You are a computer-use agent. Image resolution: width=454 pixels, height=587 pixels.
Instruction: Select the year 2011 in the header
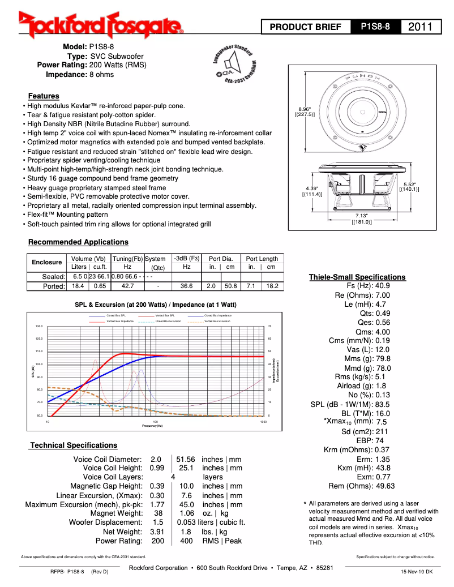tap(420, 27)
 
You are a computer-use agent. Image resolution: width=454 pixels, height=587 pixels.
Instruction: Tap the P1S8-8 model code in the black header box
tap(375, 27)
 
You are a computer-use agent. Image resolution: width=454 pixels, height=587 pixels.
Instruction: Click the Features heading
tap(44, 96)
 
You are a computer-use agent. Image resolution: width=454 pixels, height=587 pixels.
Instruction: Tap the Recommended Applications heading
tap(79, 242)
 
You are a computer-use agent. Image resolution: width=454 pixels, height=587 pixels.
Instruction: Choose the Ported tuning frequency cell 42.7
tap(127, 286)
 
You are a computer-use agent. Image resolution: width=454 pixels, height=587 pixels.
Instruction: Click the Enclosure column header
tap(46, 262)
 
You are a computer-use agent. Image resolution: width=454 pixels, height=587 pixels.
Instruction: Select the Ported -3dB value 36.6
tap(186, 286)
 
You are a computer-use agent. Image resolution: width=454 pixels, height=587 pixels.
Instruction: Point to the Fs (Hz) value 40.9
tap(383, 286)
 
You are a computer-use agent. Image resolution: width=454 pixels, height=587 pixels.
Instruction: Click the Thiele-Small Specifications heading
tap(357, 277)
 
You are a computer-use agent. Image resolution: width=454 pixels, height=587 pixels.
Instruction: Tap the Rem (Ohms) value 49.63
tap(385, 486)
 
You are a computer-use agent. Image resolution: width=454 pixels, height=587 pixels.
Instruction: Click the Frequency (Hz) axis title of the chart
tap(152, 426)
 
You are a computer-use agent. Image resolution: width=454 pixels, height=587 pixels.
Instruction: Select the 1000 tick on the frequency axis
tap(263, 422)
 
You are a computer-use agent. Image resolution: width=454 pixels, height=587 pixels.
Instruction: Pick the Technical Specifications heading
tap(74, 445)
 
